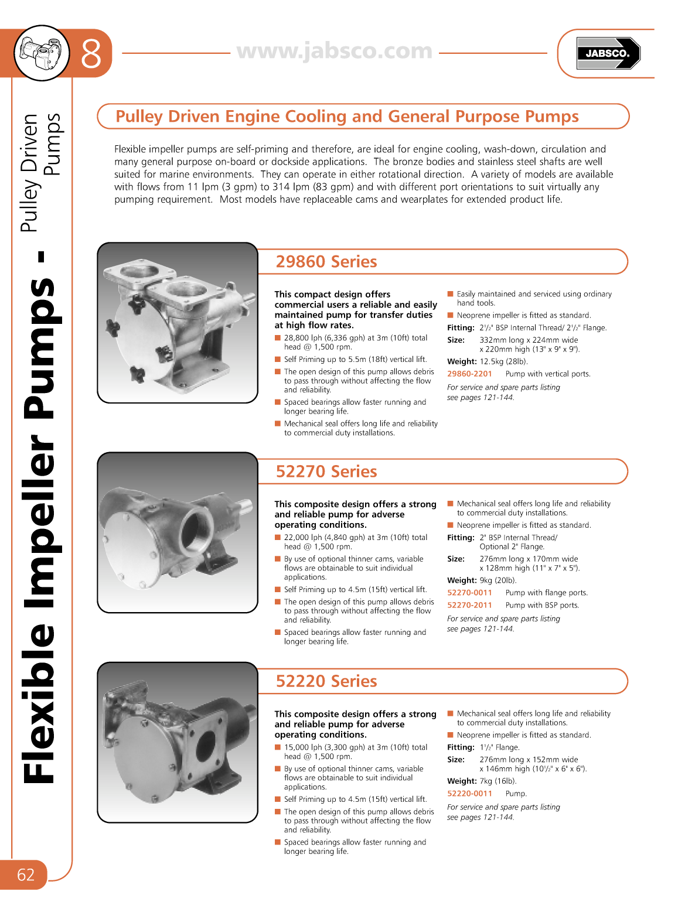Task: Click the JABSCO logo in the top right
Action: point(608,53)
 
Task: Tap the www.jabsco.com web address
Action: point(335,51)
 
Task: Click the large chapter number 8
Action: point(91,54)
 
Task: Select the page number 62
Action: point(25,874)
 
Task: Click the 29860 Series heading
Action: point(326,262)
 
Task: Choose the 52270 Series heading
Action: point(326,471)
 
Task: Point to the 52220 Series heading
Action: point(326,681)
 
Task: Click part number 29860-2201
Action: point(469,374)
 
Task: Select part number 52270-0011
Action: point(469,593)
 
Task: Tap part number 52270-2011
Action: point(469,606)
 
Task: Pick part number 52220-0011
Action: point(469,794)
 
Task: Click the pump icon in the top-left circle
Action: point(42,53)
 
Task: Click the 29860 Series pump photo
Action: point(178,323)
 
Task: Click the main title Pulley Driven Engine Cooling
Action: point(347,117)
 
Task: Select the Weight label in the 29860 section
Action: point(462,362)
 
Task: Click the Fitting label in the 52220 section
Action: point(461,747)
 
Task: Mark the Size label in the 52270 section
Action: point(455,559)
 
